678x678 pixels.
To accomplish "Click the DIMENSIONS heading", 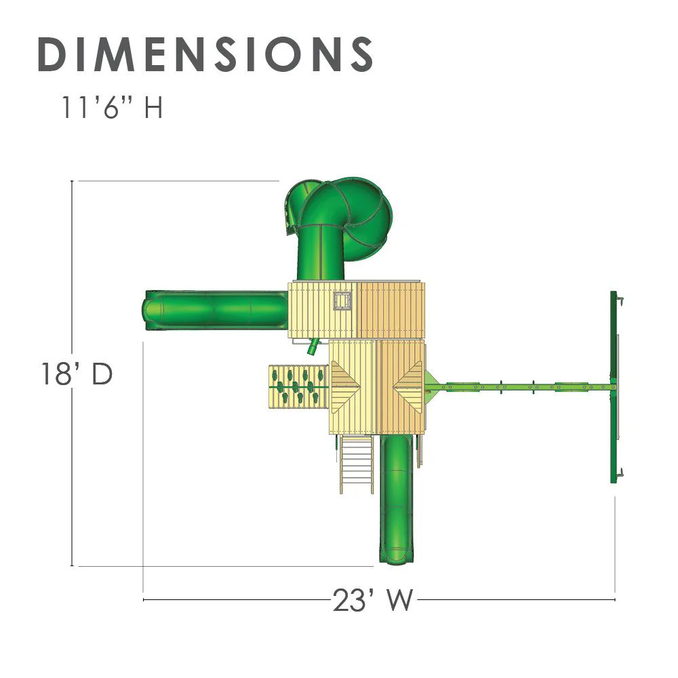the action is pos(205,54).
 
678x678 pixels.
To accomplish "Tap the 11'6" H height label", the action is pos(112,107).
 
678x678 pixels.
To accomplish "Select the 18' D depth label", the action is pos(77,374).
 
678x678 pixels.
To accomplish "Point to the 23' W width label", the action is pos(373,600).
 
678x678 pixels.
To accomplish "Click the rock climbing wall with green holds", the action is pos(298,387).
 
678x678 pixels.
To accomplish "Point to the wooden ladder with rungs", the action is pos(357,464).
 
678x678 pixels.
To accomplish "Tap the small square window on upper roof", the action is pos(342,301).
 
